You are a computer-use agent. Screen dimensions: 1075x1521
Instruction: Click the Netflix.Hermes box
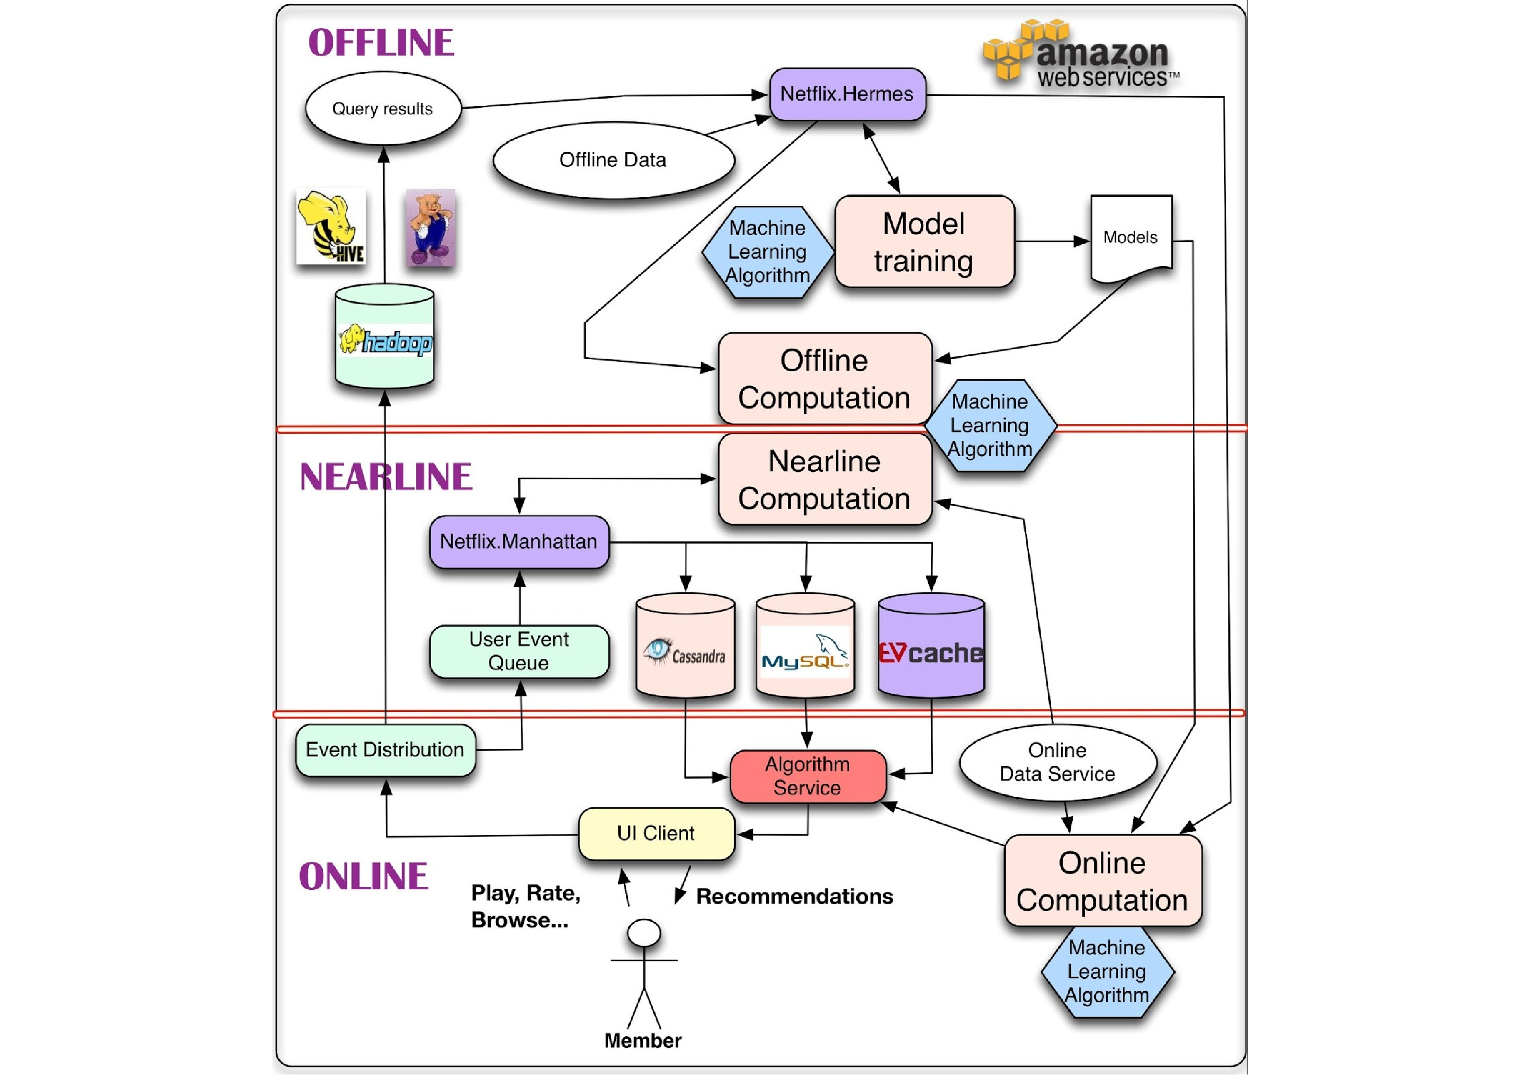pyautogui.click(x=847, y=94)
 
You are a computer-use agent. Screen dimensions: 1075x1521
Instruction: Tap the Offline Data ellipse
pyautogui.click(x=613, y=159)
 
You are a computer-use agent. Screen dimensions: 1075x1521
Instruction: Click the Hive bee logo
pyautogui.click(x=330, y=226)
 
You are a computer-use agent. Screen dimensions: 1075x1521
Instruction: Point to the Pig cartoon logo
pyautogui.click(x=431, y=228)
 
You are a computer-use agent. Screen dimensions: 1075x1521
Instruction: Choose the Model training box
pyautogui.click(x=924, y=242)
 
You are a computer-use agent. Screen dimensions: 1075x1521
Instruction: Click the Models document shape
pyautogui.click(x=1131, y=237)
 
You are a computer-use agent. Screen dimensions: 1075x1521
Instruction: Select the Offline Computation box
pyautogui.click(x=825, y=379)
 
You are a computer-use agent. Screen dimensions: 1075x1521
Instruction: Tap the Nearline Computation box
pyautogui.click(x=825, y=479)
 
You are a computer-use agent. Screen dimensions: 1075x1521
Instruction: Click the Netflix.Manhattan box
pyautogui.click(x=519, y=542)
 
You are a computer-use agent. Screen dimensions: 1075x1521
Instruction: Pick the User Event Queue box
pyautogui.click(x=519, y=651)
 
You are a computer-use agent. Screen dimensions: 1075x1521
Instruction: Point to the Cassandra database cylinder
pyautogui.click(x=685, y=646)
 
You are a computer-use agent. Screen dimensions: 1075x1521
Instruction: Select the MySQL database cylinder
pyautogui.click(x=805, y=646)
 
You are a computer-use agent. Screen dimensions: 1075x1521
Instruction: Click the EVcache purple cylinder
pyautogui.click(x=931, y=646)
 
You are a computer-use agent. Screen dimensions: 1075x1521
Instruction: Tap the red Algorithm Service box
pyautogui.click(x=807, y=776)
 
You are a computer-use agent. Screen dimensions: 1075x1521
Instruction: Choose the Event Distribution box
pyautogui.click(x=385, y=750)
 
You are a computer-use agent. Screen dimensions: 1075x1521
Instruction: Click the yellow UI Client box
pyautogui.click(x=656, y=833)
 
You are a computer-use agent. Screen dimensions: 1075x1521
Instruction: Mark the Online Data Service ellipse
pyautogui.click(x=1057, y=762)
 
